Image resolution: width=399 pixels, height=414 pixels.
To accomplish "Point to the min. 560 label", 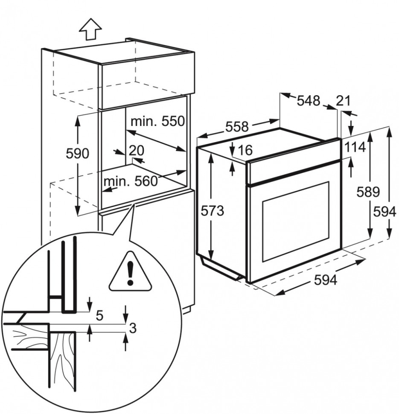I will point(130,181).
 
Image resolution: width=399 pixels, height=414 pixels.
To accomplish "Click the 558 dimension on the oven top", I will point(236,126).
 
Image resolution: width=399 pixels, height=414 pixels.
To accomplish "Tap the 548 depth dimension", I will point(308,101).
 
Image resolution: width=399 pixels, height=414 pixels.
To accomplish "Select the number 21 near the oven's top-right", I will point(343,101).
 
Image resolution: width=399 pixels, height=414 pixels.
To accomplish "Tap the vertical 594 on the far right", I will point(386,211).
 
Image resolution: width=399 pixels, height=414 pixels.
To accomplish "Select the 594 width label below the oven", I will point(326,280).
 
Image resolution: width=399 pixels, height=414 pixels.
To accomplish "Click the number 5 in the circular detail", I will point(99,316).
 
